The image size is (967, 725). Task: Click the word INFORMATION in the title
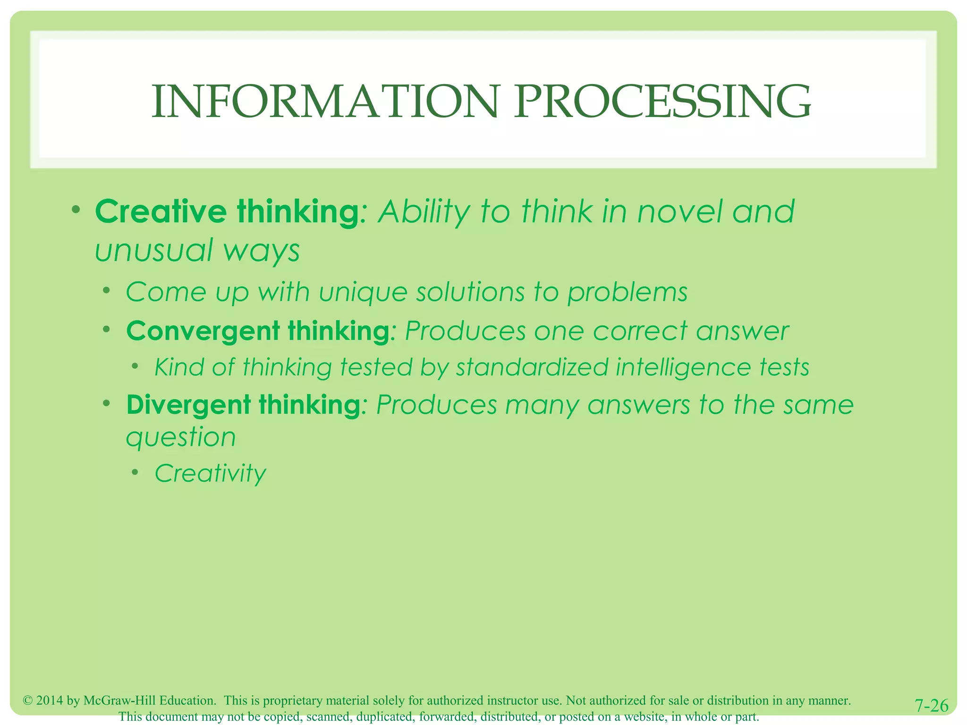(x=325, y=102)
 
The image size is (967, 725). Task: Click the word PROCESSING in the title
(x=662, y=102)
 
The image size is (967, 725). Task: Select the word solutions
(x=470, y=292)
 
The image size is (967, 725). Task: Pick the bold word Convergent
(x=203, y=331)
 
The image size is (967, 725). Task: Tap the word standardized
(x=532, y=367)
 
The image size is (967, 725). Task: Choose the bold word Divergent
(x=188, y=405)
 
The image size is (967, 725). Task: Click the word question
(x=181, y=438)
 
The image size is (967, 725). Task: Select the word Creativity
(x=211, y=473)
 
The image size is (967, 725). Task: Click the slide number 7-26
(x=931, y=706)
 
